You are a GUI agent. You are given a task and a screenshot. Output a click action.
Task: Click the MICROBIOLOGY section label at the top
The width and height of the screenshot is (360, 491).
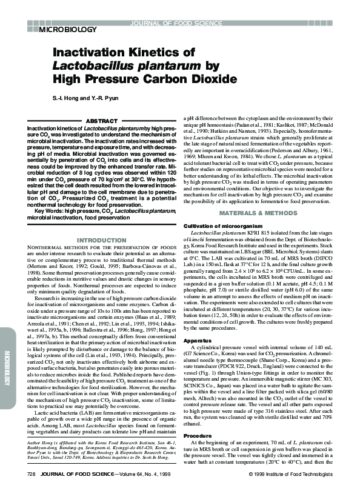[66, 28]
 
